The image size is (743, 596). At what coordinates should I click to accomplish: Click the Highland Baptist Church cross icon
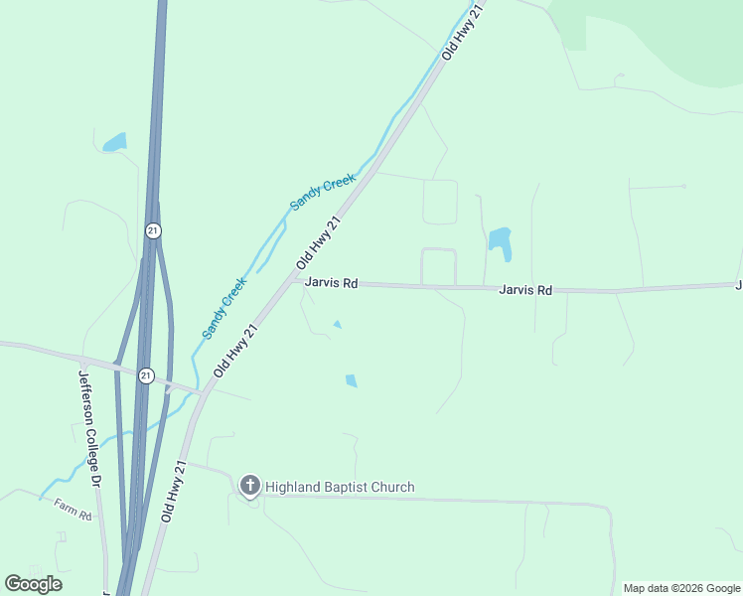(x=250, y=486)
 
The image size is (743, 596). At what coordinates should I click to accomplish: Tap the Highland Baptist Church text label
(x=340, y=487)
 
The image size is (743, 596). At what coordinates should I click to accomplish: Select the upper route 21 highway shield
(x=152, y=230)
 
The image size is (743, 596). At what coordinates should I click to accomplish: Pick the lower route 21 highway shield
(x=147, y=374)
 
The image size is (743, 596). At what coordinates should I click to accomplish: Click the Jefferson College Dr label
(x=89, y=427)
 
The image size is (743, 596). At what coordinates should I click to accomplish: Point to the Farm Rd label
(x=73, y=510)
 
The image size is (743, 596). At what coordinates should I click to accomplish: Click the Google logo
(x=34, y=583)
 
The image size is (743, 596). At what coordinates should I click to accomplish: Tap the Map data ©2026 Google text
(x=681, y=588)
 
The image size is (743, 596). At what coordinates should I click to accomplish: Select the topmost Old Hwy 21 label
(x=462, y=32)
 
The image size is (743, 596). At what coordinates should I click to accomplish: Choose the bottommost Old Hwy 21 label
(x=173, y=493)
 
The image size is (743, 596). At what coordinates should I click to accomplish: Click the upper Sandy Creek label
(x=323, y=191)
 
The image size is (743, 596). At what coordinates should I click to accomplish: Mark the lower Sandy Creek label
(x=224, y=308)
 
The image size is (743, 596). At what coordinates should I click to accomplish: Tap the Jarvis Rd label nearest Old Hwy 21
(x=332, y=283)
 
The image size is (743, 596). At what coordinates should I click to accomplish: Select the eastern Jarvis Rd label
(x=525, y=290)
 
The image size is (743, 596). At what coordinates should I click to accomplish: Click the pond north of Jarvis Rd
(x=499, y=241)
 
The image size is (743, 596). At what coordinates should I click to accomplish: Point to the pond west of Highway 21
(x=115, y=142)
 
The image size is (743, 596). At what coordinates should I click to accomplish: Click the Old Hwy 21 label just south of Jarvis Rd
(x=236, y=349)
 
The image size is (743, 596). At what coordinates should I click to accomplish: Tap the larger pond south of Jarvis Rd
(x=351, y=380)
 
